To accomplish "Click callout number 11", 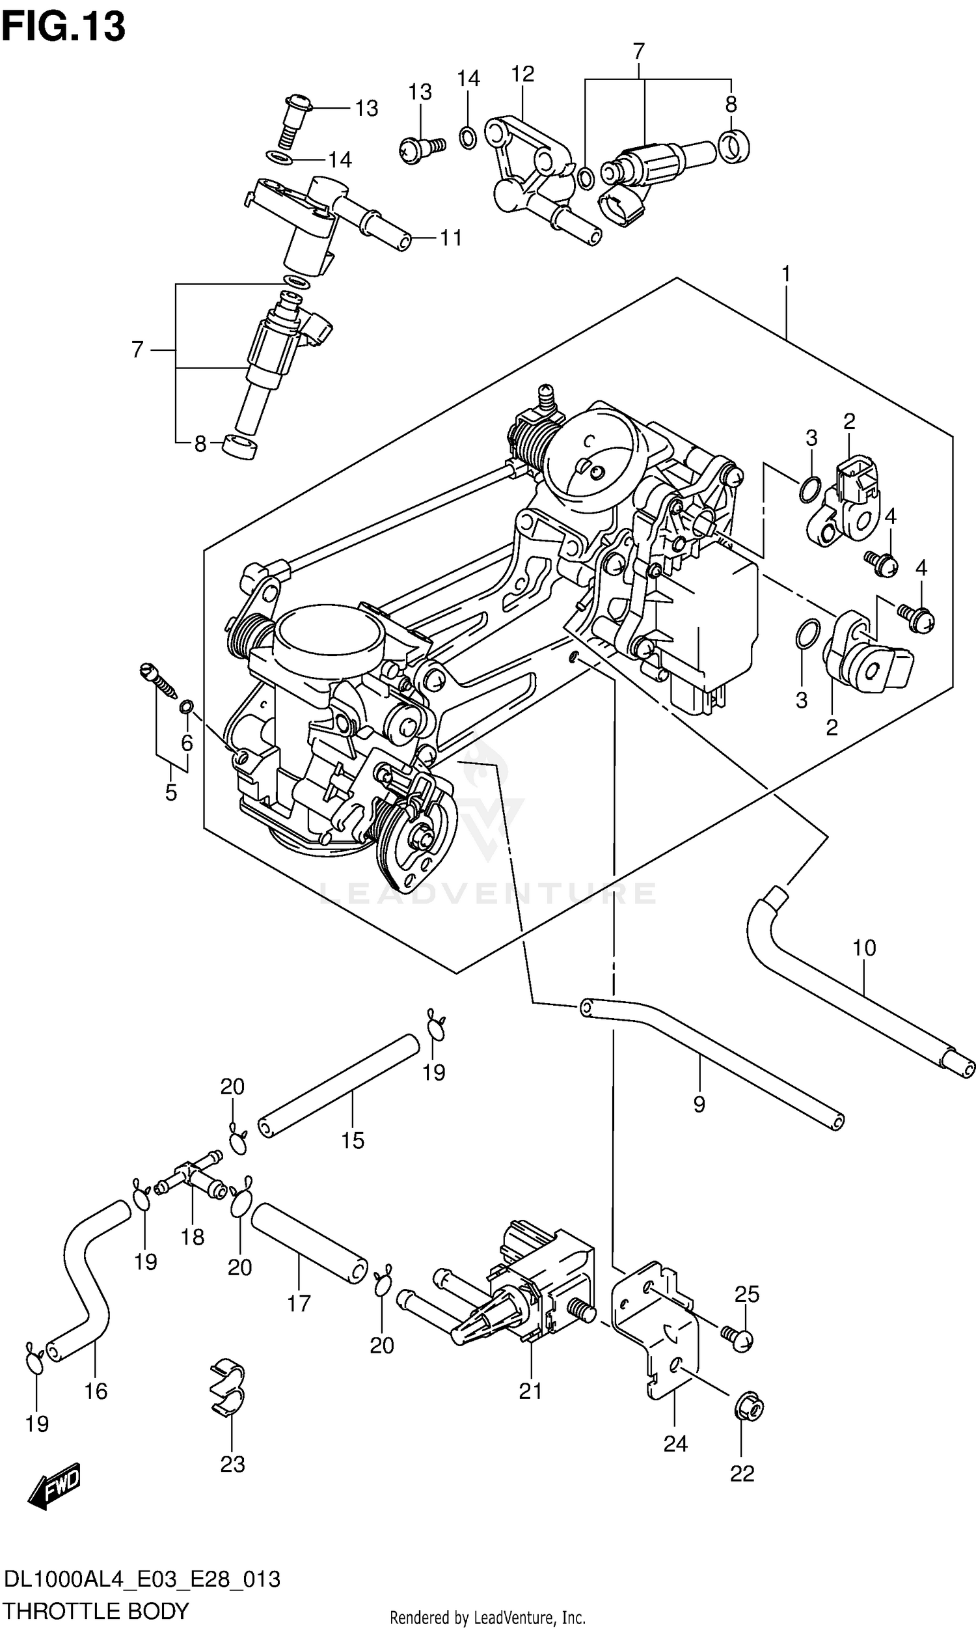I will tap(450, 238).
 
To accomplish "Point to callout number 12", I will tap(522, 74).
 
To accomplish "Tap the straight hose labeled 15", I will tap(339, 1084).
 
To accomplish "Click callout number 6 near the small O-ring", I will tap(187, 743).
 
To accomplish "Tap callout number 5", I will tap(171, 793).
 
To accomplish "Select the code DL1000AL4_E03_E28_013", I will tap(142, 1579).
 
